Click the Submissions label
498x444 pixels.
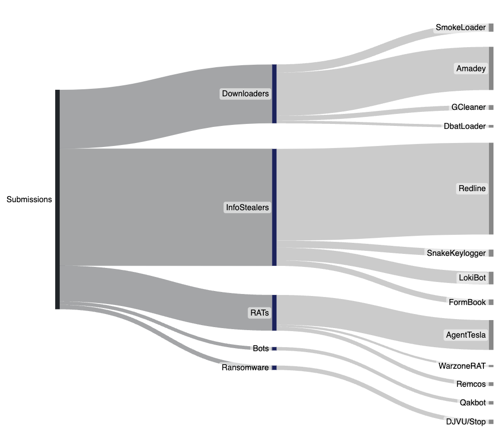pos(29,199)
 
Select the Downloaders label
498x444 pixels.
pos(245,93)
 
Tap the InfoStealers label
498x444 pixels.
pos(247,207)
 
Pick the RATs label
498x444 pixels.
pos(259,313)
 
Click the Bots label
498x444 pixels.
pos(261,348)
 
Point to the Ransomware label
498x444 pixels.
pos(245,368)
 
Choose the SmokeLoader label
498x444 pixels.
pos(460,27)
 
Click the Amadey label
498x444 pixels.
pos(471,68)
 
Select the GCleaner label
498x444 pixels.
pos(468,107)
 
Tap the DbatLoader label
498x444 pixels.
pos(464,126)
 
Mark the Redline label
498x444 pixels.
pos(472,189)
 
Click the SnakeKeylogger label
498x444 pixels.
pos(456,253)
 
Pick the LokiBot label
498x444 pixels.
pos(472,277)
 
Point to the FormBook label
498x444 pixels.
pos(467,302)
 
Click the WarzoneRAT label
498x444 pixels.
pos(462,366)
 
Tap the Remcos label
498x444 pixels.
pos(471,384)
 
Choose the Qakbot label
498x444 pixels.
pos(472,402)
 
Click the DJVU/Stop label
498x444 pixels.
pos(466,421)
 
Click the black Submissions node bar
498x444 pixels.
pos(57,199)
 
